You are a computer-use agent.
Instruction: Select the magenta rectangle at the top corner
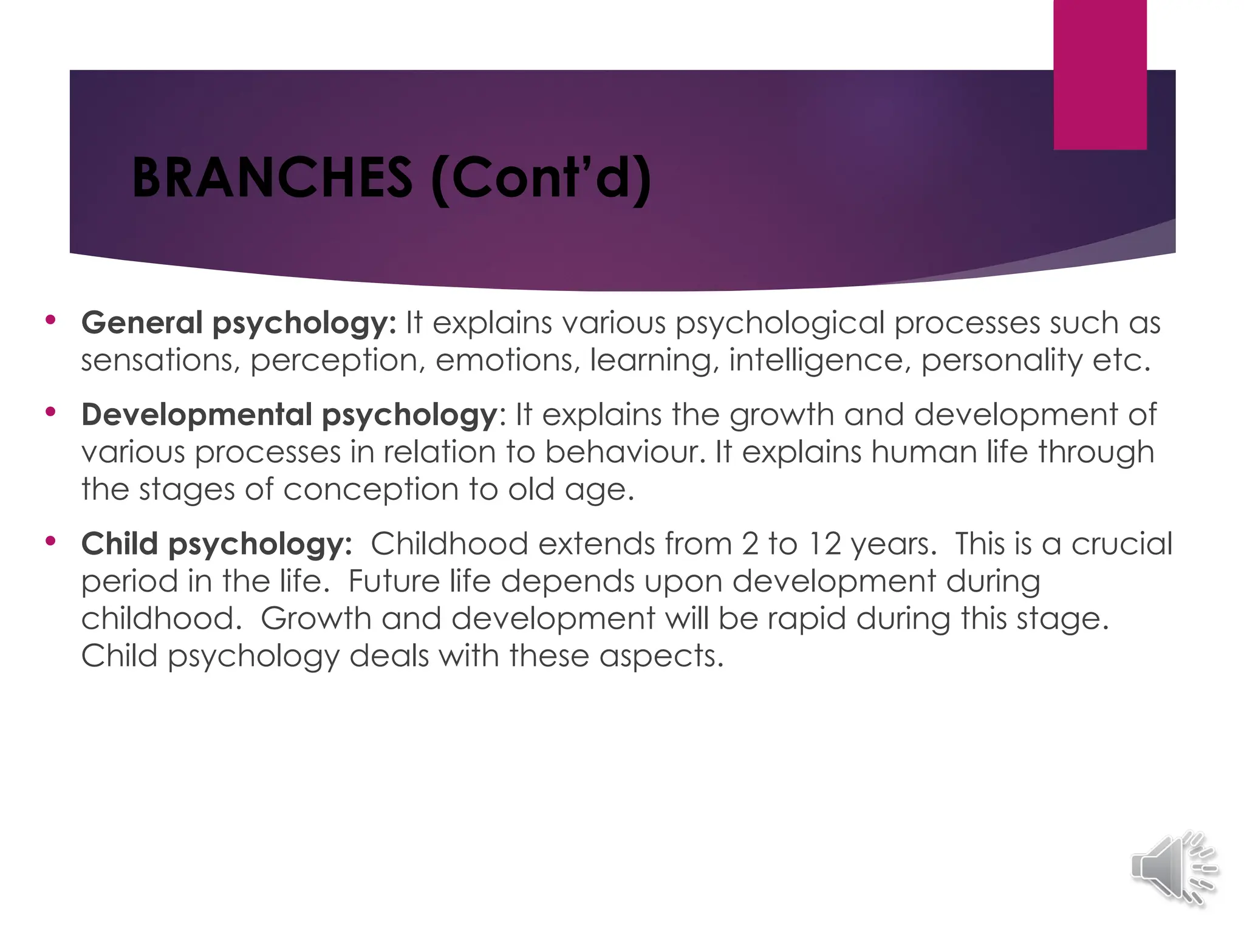point(1100,74)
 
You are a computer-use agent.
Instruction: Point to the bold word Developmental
point(197,415)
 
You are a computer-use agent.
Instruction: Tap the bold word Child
point(120,544)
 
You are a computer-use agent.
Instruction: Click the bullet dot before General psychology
point(50,320)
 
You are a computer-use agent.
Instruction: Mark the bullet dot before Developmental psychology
point(50,412)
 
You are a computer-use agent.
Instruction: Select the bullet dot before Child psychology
point(50,541)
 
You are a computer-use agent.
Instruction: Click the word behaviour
point(621,453)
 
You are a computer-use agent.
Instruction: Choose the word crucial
point(1122,544)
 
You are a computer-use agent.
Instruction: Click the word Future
point(394,581)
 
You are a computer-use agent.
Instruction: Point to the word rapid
point(806,619)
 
